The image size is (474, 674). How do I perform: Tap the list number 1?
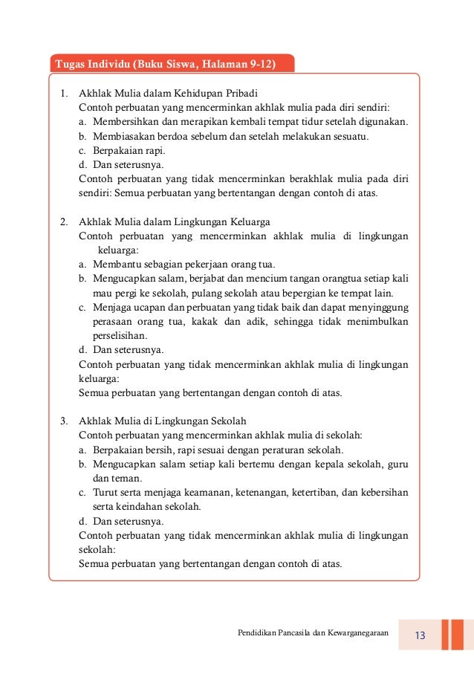pos(64,94)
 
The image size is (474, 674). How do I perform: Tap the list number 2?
pos(64,222)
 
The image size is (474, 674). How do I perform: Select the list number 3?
pos(64,421)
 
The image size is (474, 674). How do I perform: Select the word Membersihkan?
pos(126,122)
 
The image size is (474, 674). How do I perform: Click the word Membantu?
pos(115,265)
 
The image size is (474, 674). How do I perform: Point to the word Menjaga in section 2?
pos(111,307)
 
